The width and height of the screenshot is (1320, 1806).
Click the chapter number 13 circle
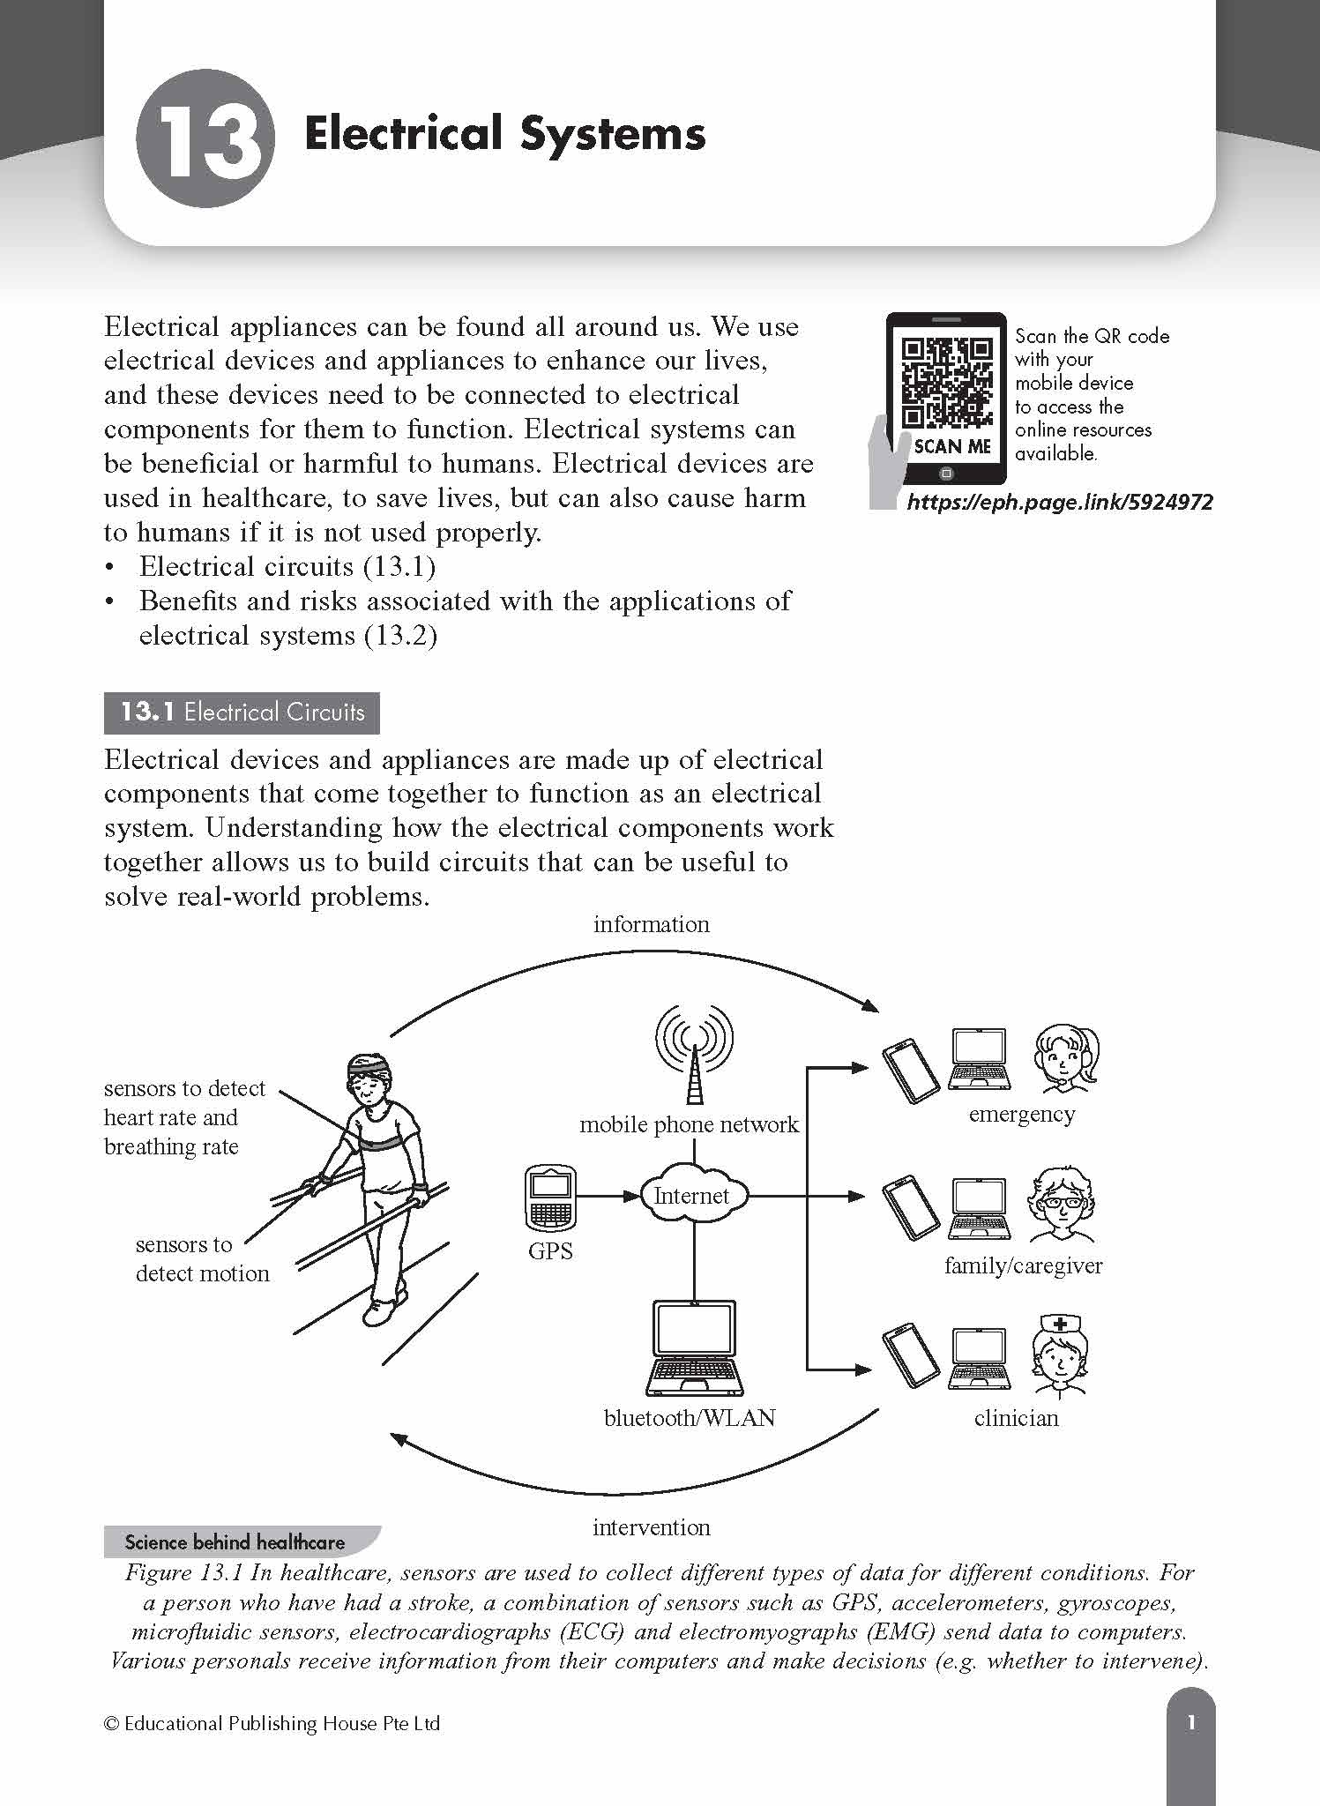click(x=205, y=138)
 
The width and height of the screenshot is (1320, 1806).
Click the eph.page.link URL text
click(x=1059, y=503)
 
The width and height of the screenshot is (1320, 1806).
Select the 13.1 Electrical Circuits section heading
click(x=242, y=713)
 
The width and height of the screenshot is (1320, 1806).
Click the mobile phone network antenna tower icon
click(x=694, y=1055)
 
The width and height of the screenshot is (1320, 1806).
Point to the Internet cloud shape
click(x=692, y=1196)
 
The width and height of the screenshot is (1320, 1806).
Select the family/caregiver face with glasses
click(x=1062, y=1205)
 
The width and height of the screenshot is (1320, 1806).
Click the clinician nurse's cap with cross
click(x=1060, y=1325)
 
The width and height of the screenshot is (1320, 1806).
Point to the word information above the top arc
click(x=651, y=924)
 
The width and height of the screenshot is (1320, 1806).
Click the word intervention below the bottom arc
click(x=651, y=1527)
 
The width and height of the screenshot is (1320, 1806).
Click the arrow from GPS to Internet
click(x=608, y=1196)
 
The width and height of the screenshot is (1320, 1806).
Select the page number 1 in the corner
click(x=1191, y=1722)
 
